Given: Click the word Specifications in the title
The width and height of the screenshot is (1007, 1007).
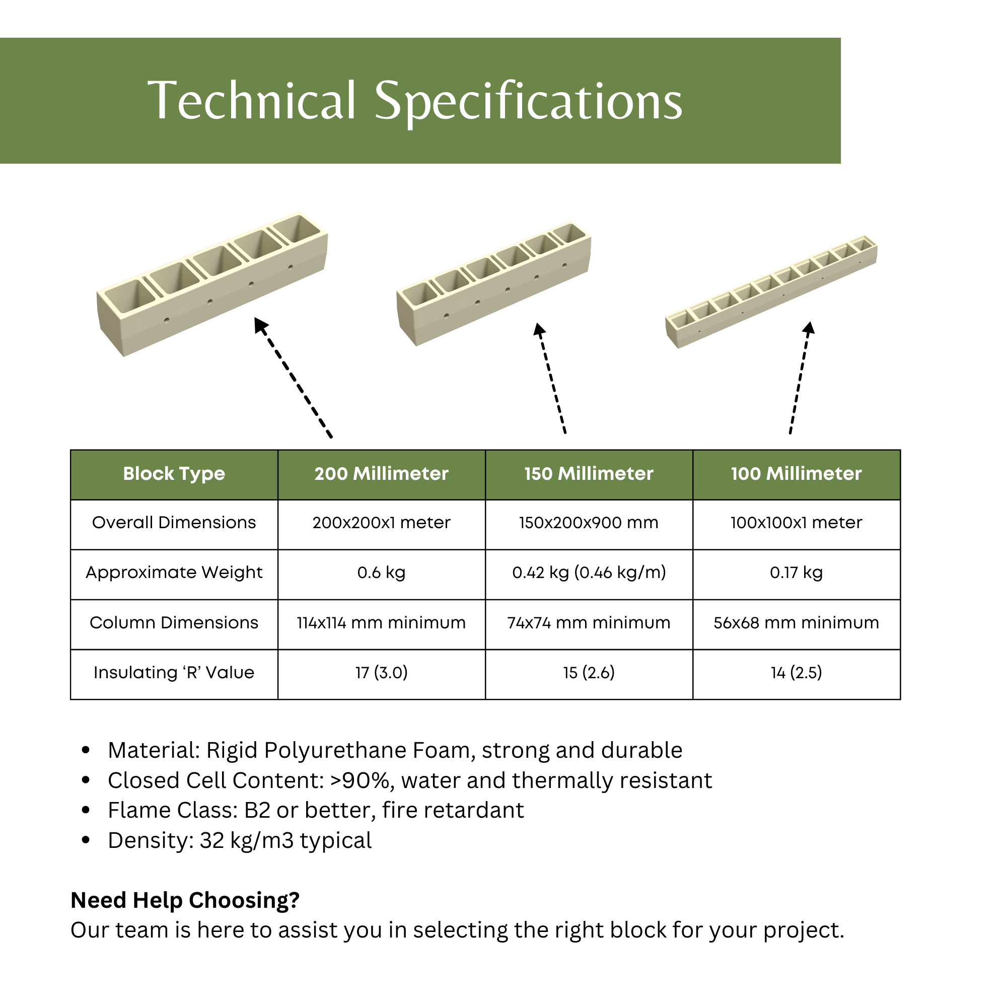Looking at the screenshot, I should (x=528, y=102).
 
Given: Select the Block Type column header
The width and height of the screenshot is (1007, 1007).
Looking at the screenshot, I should (x=174, y=474).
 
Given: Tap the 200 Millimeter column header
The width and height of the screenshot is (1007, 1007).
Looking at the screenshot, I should (x=381, y=474).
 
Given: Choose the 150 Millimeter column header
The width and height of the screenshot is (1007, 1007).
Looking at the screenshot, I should (x=589, y=474).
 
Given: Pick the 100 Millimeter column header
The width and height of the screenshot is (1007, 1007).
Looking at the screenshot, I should (x=796, y=474).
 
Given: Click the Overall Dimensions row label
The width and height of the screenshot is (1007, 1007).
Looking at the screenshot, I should (x=174, y=523).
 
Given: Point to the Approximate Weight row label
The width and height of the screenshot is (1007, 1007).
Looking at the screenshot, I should (x=174, y=573).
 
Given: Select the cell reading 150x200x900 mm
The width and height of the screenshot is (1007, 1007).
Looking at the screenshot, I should (x=589, y=523).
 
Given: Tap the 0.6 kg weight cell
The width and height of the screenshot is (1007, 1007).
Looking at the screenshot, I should (x=381, y=573).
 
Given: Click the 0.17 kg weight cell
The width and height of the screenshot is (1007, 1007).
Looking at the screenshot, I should (x=796, y=573).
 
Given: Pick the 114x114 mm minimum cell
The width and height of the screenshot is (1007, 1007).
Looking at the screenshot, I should (x=381, y=623).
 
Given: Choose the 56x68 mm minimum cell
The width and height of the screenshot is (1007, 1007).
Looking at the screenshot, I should (x=796, y=623).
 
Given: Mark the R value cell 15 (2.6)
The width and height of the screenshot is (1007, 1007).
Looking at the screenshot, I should (x=589, y=673).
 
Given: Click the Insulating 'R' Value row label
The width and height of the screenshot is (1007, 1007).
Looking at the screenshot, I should (x=174, y=673).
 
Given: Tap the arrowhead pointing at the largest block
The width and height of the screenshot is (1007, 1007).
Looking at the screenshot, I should (x=260, y=325).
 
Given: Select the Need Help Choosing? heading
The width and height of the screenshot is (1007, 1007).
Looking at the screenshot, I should (x=185, y=900).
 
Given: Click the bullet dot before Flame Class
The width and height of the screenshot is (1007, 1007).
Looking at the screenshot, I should (x=86, y=811).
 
